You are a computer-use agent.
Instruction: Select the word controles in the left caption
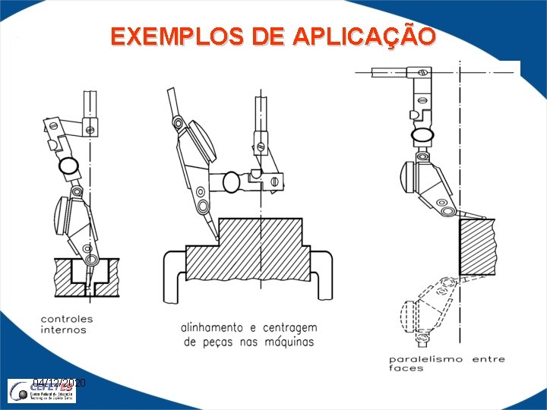click(67, 320)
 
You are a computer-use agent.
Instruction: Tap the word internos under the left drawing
click(63, 330)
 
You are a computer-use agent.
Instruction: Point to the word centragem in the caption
click(290, 328)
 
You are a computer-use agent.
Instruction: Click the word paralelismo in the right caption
click(426, 359)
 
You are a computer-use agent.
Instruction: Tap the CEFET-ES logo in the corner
click(45, 392)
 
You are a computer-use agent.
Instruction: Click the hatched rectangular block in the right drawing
click(476, 247)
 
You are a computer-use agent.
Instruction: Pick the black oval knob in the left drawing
click(69, 165)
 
